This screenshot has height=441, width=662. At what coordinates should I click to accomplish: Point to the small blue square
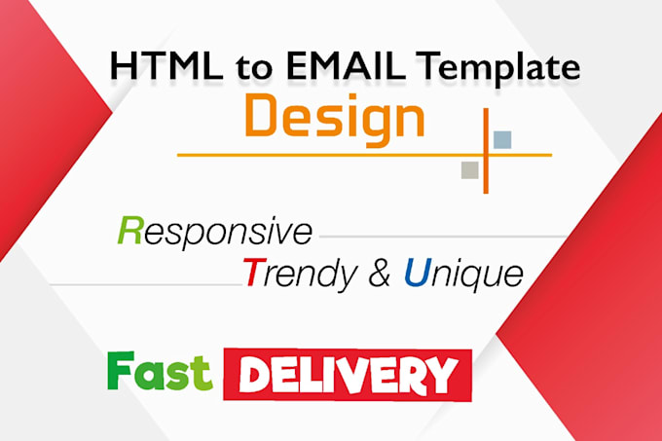coord(502,139)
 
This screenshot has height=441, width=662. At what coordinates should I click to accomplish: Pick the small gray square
coord(470,169)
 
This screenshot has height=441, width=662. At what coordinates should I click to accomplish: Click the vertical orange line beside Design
coord(484,151)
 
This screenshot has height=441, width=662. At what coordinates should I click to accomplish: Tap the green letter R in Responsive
coord(128,232)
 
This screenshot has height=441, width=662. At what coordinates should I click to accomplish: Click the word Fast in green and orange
coord(160,371)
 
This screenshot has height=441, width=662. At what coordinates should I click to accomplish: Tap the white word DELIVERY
coord(348,373)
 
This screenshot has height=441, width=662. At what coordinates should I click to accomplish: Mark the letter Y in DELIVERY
coord(443,373)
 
